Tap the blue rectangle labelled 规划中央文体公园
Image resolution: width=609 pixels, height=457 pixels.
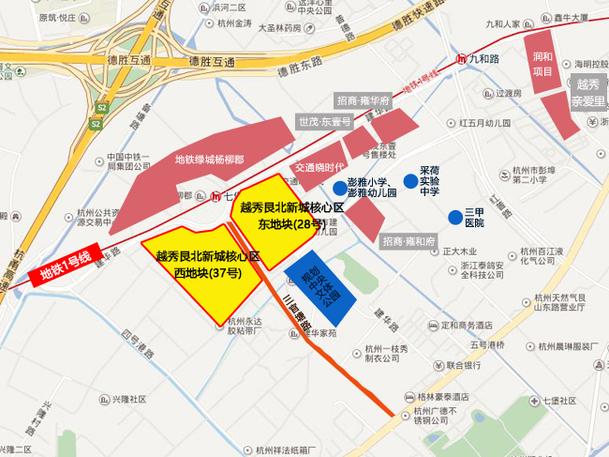pyautogui.click(x=319, y=282)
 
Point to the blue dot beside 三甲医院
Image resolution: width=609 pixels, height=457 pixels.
pyautogui.click(x=455, y=215)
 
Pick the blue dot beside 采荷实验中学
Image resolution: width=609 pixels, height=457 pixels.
pyautogui.click(x=410, y=181)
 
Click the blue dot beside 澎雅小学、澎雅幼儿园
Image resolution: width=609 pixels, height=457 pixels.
pyautogui.click(x=339, y=188)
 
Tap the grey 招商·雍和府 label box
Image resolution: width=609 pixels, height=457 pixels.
pyautogui.click(x=410, y=241)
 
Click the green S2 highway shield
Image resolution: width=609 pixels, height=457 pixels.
pyautogui.click(x=97, y=122)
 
